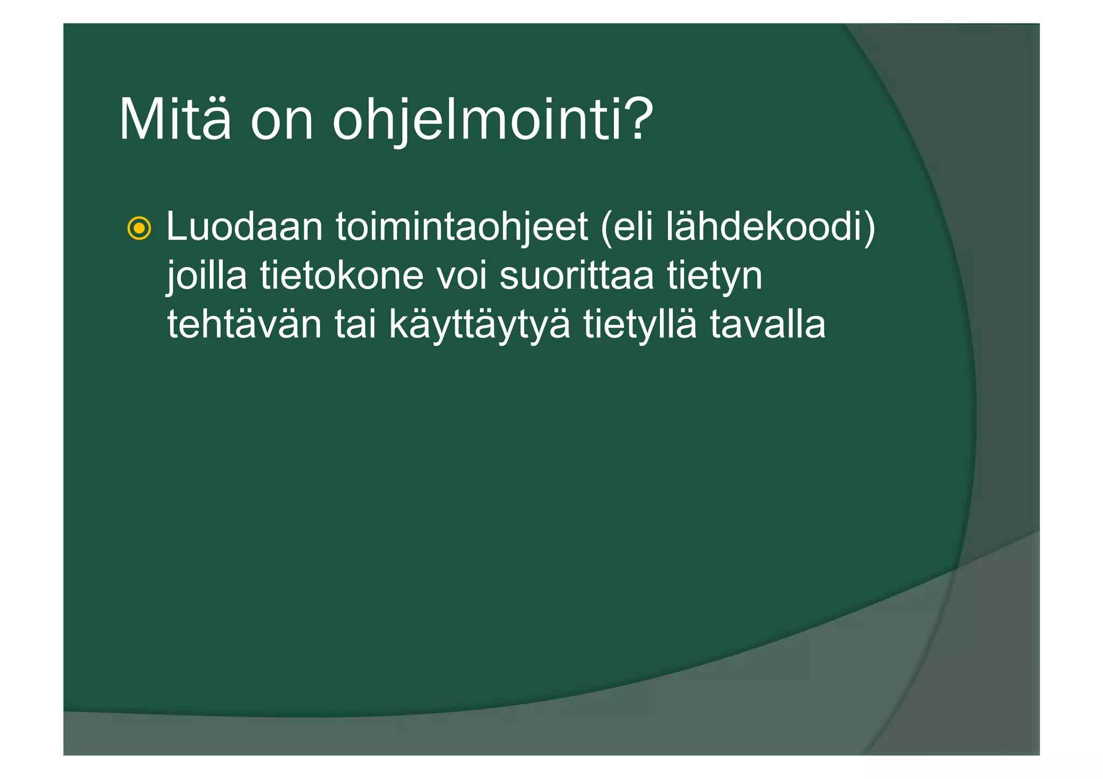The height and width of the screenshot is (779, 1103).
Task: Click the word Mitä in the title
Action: click(x=174, y=120)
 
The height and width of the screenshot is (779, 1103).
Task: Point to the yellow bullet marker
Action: click(x=139, y=229)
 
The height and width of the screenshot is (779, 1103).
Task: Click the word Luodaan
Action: click(x=244, y=227)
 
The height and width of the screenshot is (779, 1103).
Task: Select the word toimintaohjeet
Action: click(x=462, y=227)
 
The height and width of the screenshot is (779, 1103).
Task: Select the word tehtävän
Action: click(x=244, y=325)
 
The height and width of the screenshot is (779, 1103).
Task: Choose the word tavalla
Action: click(x=767, y=325)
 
